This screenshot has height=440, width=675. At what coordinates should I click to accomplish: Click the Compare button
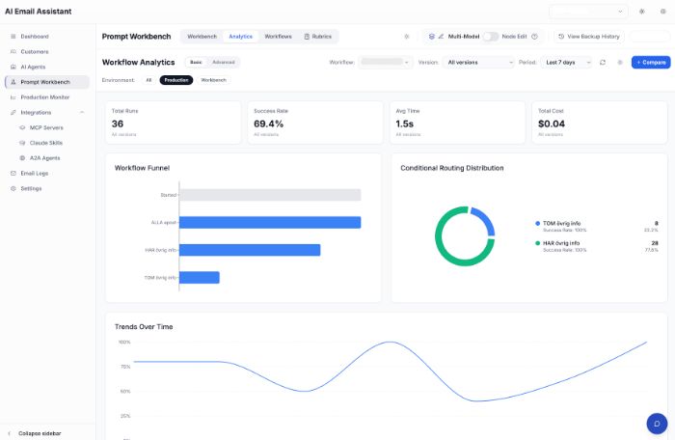click(651, 62)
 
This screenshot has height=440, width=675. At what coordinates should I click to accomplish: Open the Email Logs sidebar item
click(34, 173)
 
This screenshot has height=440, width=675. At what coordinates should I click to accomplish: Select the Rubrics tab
click(317, 37)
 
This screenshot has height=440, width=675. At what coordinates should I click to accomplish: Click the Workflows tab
click(278, 37)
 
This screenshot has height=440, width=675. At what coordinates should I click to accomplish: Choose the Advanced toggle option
click(223, 62)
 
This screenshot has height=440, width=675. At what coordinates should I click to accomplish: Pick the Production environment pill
click(176, 80)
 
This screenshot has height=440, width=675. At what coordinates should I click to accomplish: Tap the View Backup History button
click(588, 37)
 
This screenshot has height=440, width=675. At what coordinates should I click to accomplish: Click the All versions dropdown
click(479, 62)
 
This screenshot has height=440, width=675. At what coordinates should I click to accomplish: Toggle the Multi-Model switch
click(491, 37)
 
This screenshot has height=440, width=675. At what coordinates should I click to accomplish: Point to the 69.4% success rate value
click(268, 124)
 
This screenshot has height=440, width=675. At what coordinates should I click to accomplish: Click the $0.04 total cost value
click(552, 124)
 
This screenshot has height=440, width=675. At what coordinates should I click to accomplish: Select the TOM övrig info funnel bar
click(200, 278)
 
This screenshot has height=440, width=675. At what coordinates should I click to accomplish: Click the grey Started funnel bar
click(270, 195)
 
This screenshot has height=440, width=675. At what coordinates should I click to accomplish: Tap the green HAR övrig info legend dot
click(538, 243)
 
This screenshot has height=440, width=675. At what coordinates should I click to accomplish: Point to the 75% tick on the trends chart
click(124, 367)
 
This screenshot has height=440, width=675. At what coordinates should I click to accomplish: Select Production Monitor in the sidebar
click(44, 97)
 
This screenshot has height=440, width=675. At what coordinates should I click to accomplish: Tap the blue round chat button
click(657, 424)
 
